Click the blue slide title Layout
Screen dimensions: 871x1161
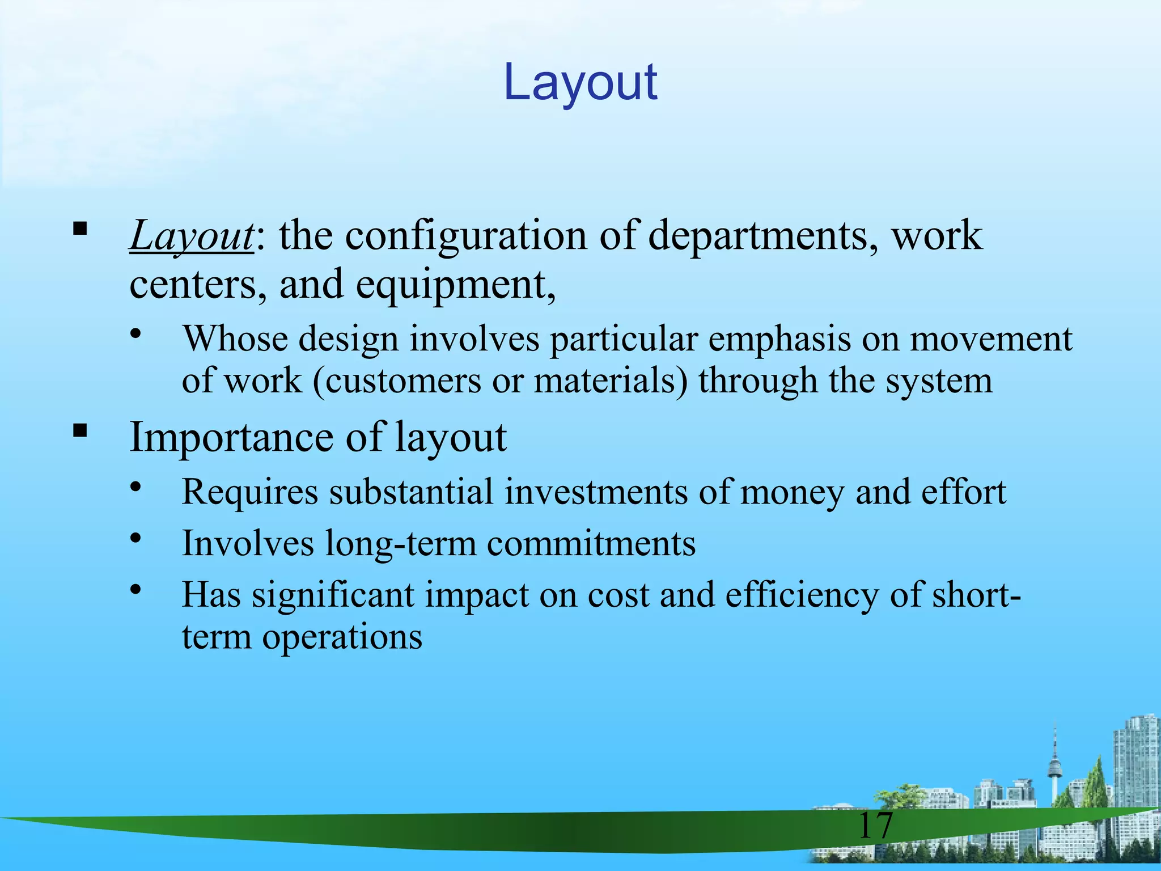[x=580, y=83]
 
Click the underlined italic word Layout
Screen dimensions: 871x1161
[x=192, y=236]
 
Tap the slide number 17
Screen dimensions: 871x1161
[x=875, y=826]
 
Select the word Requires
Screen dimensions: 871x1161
[x=250, y=492]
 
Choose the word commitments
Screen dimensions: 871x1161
[x=591, y=543]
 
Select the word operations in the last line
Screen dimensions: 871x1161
[x=342, y=637]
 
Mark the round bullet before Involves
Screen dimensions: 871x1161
[x=135, y=538]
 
